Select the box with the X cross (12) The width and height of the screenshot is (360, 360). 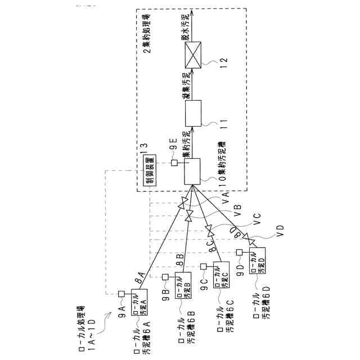point(193,56)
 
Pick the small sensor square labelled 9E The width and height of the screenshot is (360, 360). point(175,163)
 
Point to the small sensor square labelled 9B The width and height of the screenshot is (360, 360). point(165,277)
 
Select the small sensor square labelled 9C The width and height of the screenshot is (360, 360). point(203,266)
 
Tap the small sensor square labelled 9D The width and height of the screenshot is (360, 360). point(239,253)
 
